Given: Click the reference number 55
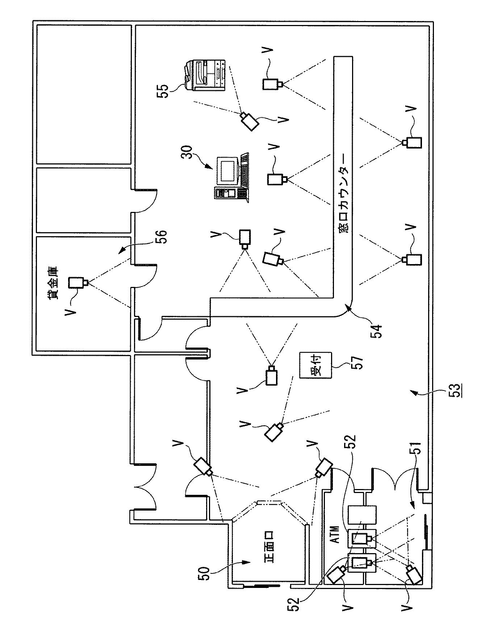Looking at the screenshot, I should tap(163, 89).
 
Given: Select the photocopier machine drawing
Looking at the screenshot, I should tap(206, 75).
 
